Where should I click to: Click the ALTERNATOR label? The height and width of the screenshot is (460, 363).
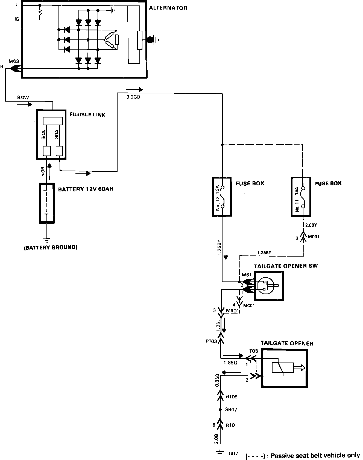(168, 8)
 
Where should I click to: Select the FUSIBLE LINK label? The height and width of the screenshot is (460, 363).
(87, 115)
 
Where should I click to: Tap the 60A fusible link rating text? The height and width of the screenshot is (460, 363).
(44, 135)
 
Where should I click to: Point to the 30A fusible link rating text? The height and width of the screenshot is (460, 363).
(57, 135)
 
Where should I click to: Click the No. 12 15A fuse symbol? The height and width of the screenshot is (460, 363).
(223, 197)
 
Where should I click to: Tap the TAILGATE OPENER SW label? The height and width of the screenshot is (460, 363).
(286, 266)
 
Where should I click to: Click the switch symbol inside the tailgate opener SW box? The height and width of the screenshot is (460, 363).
(266, 286)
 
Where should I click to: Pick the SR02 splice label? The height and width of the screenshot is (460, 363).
(231, 410)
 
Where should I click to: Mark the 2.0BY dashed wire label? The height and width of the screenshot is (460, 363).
(311, 225)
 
